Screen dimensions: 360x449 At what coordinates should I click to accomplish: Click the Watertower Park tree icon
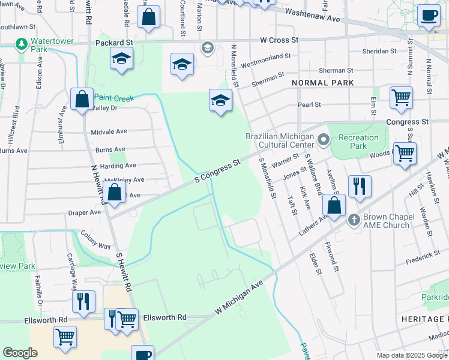click(22, 44)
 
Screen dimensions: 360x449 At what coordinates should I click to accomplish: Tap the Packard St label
click(114, 43)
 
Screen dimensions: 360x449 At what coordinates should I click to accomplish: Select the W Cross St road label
click(279, 40)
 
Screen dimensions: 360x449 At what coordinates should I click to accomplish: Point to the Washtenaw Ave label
click(312, 16)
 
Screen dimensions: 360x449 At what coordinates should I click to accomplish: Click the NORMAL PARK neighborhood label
click(322, 82)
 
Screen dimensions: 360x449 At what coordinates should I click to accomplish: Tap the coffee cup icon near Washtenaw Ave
click(429, 16)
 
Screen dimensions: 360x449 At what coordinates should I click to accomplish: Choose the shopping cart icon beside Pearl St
click(400, 97)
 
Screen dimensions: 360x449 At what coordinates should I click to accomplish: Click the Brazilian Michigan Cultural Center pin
click(324, 141)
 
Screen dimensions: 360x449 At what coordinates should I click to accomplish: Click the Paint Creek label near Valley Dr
click(112, 97)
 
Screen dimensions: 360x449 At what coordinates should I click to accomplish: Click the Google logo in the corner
click(20, 353)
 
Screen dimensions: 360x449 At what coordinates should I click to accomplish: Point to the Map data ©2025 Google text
click(411, 355)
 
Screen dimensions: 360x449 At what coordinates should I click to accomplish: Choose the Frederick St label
click(423, 257)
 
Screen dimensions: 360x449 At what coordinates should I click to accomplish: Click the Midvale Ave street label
click(109, 131)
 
